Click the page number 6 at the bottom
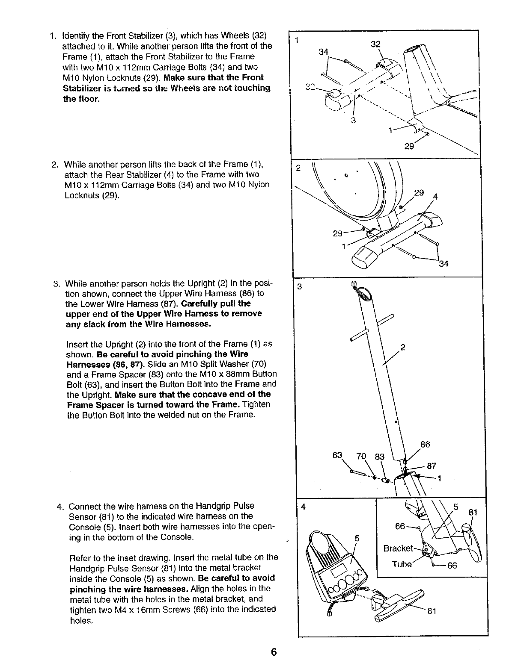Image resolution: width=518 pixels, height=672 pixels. (x=274, y=652)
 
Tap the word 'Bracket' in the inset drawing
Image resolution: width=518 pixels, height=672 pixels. (x=397, y=548)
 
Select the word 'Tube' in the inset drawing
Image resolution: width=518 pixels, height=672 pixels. (x=402, y=564)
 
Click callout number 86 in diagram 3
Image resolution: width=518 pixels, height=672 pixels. (x=425, y=445)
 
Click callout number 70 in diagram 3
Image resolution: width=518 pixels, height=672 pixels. (x=362, y=456)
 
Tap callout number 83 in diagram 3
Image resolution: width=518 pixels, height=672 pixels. (x=380, y=457)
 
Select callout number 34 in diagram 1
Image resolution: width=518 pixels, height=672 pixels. (x=324, y=52)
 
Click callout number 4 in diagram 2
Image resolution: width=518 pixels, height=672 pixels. (x=436, y=197)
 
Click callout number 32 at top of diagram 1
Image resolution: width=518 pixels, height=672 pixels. (x=375, y=44)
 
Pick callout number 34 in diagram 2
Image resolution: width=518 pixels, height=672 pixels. (x=444, y=264)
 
